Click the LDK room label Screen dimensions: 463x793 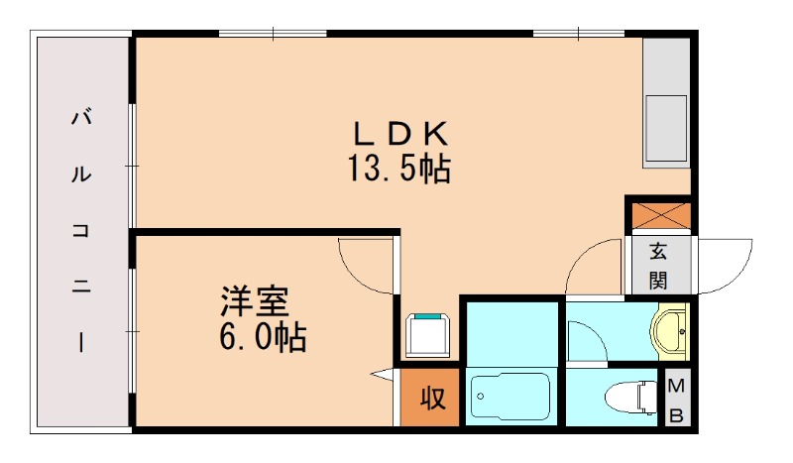coord(402,132)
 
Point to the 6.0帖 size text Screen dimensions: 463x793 coord(262,338)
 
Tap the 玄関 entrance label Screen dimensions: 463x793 coord(658,266)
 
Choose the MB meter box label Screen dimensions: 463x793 coord(676,401)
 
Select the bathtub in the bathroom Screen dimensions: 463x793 coord(510,400)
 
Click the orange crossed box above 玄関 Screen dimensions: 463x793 coord(658,215)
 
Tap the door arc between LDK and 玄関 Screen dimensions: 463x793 coord(597,266)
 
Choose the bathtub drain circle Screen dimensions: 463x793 coord(480,397)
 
